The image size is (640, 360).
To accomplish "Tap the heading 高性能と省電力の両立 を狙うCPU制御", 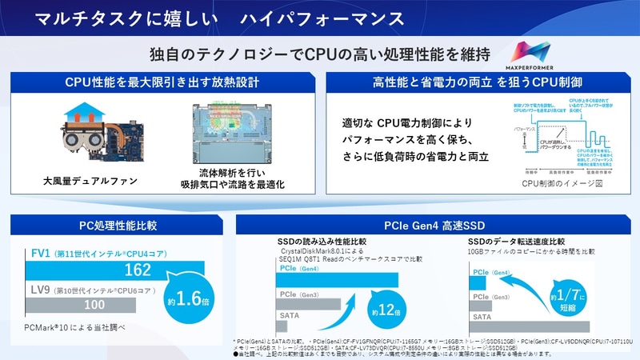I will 478,82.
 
